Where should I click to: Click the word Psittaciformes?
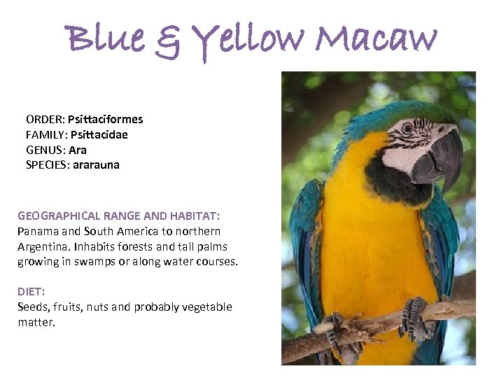(x=105, y=119)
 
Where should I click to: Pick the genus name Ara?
(x=78, y=150)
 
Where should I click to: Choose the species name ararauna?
(x=94, y=165)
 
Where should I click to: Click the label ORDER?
(x=45, y=119)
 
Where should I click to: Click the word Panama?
(x=36, y=231)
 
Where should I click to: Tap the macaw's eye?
(x=407, y=127)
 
